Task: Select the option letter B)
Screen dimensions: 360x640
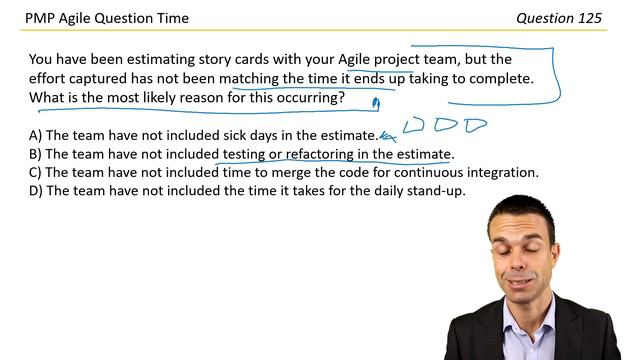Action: point(35,154)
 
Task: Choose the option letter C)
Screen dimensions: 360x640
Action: point(35,172)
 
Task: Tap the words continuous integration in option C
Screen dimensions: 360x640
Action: point(472,172)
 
